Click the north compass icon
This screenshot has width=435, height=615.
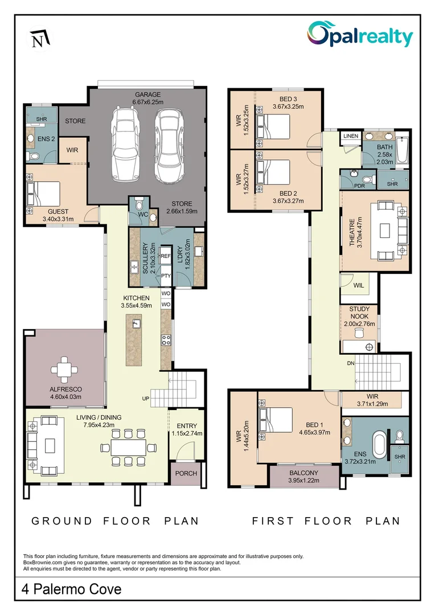39,39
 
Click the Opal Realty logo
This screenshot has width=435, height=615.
360,35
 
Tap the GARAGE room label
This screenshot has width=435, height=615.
147,95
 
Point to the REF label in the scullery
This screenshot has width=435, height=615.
166,257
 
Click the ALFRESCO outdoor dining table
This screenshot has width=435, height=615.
65,370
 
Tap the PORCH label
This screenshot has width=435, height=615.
186,473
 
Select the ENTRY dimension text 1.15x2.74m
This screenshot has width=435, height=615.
187,433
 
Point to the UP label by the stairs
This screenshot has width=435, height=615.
146,398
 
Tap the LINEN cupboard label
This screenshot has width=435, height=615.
350,136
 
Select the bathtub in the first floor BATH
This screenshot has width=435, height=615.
403,150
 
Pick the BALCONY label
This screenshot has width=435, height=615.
303,473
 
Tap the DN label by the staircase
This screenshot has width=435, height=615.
351,362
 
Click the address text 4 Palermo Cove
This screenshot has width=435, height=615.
72,588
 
